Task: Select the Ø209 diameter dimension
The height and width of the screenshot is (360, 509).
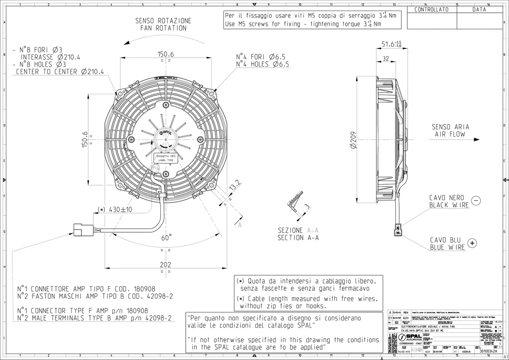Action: pos(353,139)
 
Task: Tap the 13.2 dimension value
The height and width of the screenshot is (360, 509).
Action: pos(235,186)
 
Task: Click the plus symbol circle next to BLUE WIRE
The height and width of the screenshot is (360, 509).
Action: pos(472,243)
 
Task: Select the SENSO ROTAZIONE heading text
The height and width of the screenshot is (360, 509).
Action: pos(163,20)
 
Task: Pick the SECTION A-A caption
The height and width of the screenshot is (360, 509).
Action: pos(298,238)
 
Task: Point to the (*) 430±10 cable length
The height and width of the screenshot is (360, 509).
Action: pos(115,210)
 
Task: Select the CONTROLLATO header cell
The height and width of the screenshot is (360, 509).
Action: pos(431,9)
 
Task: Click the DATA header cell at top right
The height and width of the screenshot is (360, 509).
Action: pos(479,9)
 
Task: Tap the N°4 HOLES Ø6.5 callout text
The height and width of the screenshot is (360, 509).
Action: pos(263,65)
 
